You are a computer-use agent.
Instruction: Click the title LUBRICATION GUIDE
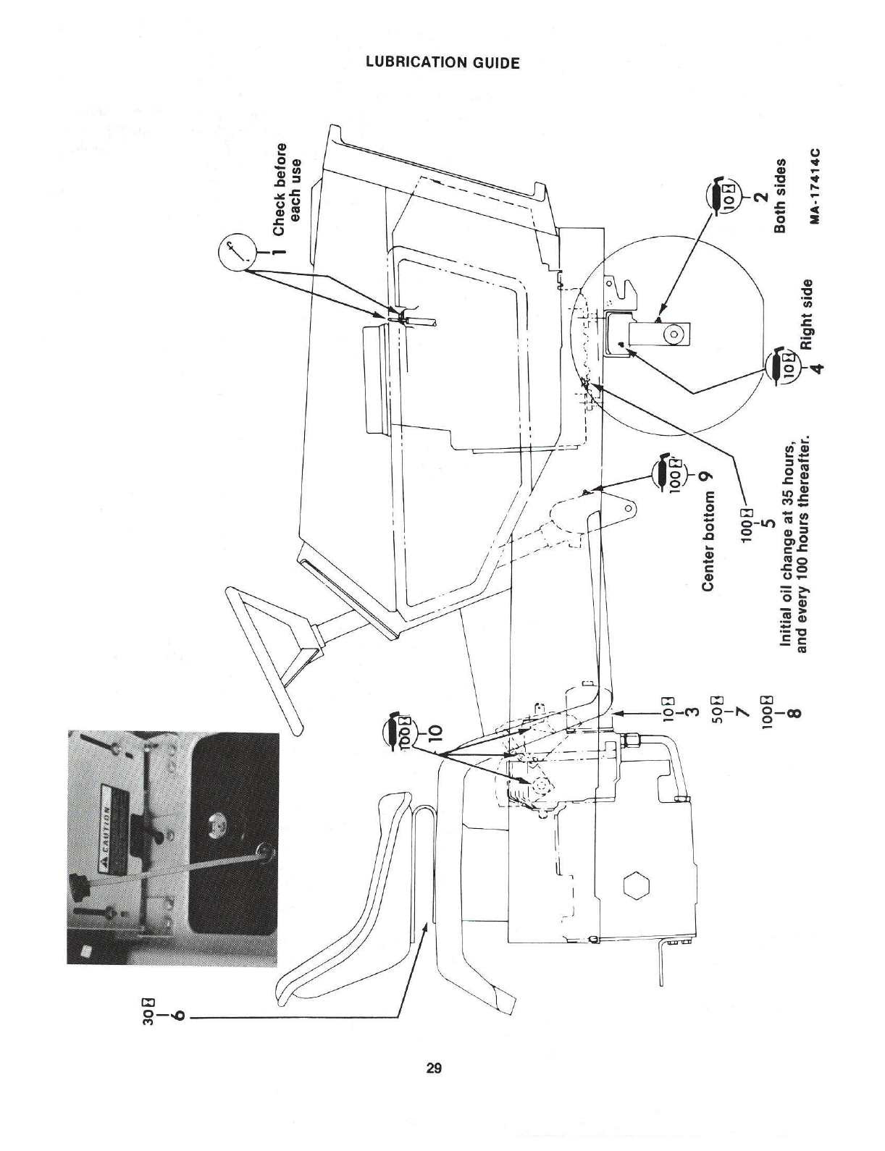click(442, 63)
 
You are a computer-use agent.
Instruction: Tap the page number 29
click(435, 1068)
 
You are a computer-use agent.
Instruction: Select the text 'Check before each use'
click(287, 188)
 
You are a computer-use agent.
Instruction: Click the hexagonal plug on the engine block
click(637, 888)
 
